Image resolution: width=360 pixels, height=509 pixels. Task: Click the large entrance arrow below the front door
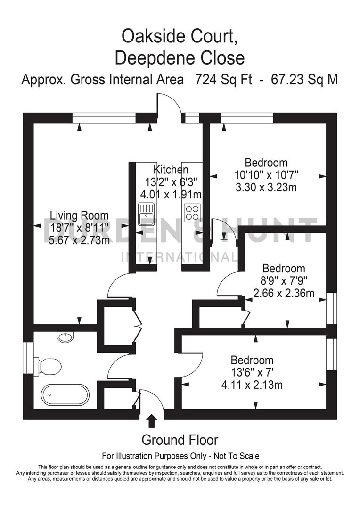click(152, 420)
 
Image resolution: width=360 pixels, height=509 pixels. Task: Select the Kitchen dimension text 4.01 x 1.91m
click(171, 194)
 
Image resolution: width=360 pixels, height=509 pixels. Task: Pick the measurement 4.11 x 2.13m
click(252, 385)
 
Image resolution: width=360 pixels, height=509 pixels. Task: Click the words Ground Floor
click(180, 440)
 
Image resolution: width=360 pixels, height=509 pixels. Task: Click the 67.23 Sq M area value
click(304, 80)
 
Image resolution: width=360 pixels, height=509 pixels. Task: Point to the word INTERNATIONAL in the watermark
click(180, 257)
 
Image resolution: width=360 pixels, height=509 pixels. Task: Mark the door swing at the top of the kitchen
click(170, 104)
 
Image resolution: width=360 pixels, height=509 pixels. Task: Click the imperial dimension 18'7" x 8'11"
click(80, 228)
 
